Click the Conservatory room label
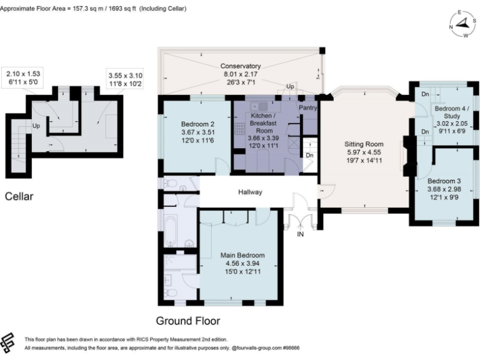(x=241, y=66)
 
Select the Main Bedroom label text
(x=242, y=255)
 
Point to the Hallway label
(x=249, y=192)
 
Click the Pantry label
(x=309, y=107)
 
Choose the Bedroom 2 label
(x=197, y=123)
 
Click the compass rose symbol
(x=462, y=24)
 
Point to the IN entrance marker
(x=301, y=234)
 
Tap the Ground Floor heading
(x=187, y=321)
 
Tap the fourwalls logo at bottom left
(x=9, y=343)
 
